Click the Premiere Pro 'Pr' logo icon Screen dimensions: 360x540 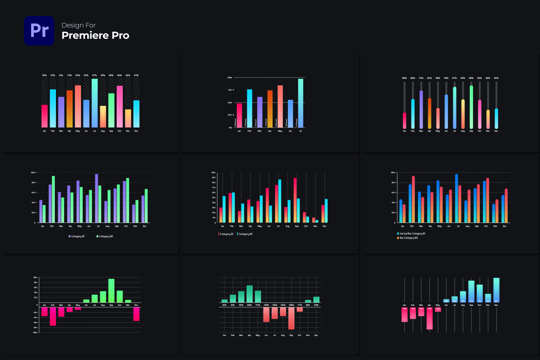tap(39, 31)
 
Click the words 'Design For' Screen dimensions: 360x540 tap(78, 25)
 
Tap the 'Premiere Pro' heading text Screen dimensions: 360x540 tap(95, 36)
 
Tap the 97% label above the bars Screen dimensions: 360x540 tap(94, 75)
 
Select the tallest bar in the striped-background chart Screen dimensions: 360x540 tap(95, 103)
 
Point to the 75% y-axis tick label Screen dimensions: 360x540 tap(230, 90)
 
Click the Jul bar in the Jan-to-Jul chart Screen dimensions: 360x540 tap(301, 103)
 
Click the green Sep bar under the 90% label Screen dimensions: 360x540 tap(471, 107)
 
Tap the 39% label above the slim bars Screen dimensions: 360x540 tap(496, 78)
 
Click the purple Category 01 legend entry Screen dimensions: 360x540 tap(77, 236)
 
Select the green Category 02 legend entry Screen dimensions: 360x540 tap(105, 236)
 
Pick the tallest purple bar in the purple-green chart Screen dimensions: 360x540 tap(96, 198)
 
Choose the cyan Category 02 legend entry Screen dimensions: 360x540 tap(245, 234)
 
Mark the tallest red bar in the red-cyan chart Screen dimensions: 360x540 tap(295, 200)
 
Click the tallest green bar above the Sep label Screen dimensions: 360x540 tap(111, 290)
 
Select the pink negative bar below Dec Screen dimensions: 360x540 tap(136, 314)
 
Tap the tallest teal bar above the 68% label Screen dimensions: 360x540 tap(250, 294)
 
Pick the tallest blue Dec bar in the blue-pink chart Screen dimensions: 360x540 tap(496, 290)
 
